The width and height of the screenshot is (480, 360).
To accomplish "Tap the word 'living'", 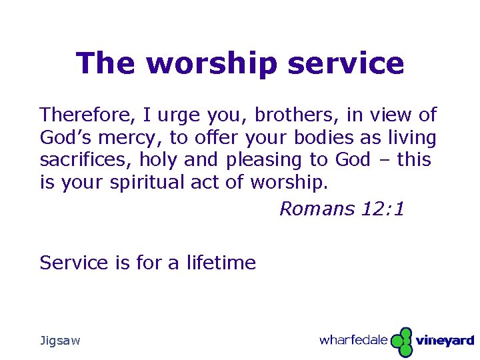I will (413, 138).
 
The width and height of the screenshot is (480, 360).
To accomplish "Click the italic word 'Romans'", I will (317, 209).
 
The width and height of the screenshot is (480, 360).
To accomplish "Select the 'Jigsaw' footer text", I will (60, 341).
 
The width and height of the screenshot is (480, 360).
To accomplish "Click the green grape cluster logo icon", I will (401, 341).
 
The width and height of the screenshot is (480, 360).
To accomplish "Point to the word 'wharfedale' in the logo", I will (353, 340).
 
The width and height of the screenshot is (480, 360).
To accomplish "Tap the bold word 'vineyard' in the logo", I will (445, 341).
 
